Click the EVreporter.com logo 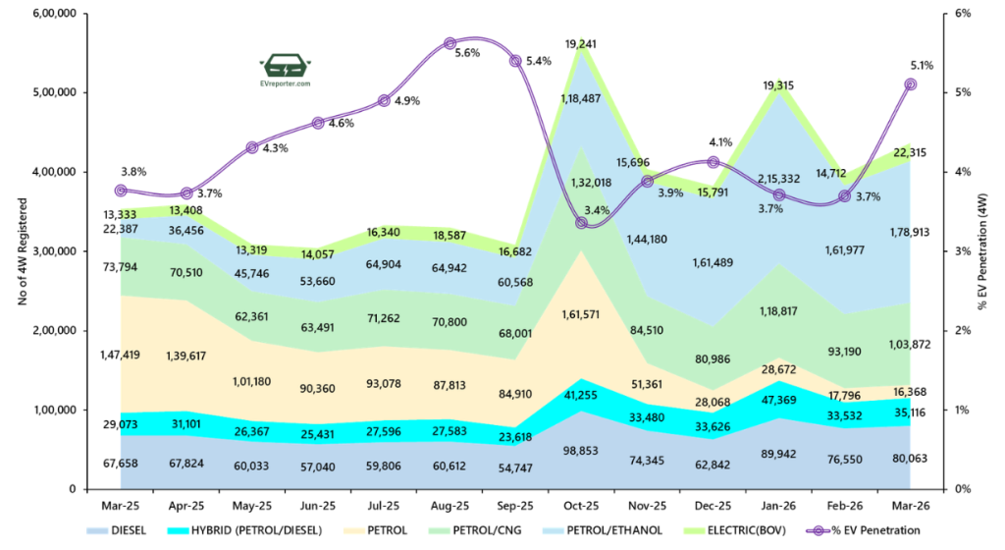286,71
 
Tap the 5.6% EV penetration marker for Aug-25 450,43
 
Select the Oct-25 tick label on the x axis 581,507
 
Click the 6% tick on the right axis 962,14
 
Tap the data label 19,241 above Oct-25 583,44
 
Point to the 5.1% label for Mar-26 923,66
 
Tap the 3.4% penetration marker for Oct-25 581,223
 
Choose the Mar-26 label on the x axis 910,507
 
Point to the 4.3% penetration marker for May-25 252,147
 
